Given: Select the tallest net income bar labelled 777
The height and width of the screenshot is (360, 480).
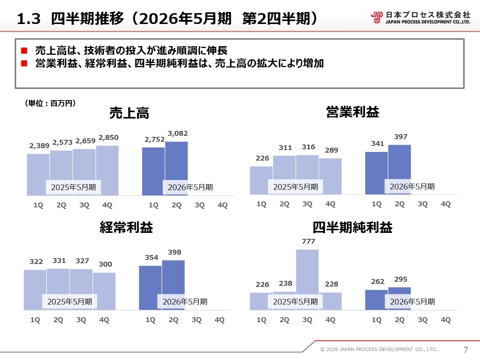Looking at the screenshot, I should click(307, 270).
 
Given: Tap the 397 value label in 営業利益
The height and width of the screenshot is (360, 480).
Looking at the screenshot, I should click(400, 137).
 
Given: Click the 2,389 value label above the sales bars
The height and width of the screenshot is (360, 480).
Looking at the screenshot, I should click(39, 146).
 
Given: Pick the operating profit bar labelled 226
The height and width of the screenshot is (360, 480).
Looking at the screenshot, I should click(261, 180).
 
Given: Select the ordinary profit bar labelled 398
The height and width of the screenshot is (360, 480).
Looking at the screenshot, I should click(173, 277).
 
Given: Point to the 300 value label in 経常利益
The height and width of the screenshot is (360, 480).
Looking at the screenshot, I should click(105, 264).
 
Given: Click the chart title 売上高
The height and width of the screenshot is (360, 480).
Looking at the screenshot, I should click(129, 113).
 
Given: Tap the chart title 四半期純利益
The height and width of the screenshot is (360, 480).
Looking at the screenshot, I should click(352, 227).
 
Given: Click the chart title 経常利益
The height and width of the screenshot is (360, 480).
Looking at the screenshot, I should click(126, 227).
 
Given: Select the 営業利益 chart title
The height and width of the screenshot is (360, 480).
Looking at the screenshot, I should click(352, 112).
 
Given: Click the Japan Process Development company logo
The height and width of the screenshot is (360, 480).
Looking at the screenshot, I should click(420, 18).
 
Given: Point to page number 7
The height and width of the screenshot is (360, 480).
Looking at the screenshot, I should click(466, 350).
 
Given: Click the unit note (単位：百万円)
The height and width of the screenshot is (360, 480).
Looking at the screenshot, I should click(50, 103).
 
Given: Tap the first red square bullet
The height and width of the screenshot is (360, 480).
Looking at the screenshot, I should click(24, 51).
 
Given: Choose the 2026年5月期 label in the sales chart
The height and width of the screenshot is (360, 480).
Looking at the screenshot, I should click(190, 187).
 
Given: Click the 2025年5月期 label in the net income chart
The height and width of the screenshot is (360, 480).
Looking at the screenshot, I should click(295, 302).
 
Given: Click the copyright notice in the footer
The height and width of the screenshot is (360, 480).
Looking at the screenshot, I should click(379, 349).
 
